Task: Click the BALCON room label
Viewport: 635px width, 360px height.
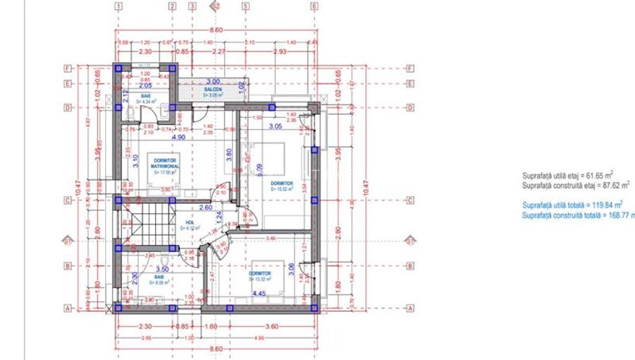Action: pyautogui.click(x=214, y=89)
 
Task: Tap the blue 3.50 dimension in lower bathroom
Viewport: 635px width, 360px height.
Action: pyautogui.click(x=162, y=270)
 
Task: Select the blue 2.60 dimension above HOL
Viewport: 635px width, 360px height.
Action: pyautogui.click(x=205, y=208)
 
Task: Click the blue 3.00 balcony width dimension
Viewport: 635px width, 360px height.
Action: pyautogui.click(x=213, y=81)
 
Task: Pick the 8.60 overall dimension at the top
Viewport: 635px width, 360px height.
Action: pyautogui.click(x=216, y=30)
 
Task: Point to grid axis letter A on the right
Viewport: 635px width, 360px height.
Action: pyautogui.click(x=410, y=308)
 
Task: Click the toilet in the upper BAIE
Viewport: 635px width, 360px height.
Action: pyautogui.click(x=132, y=113)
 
